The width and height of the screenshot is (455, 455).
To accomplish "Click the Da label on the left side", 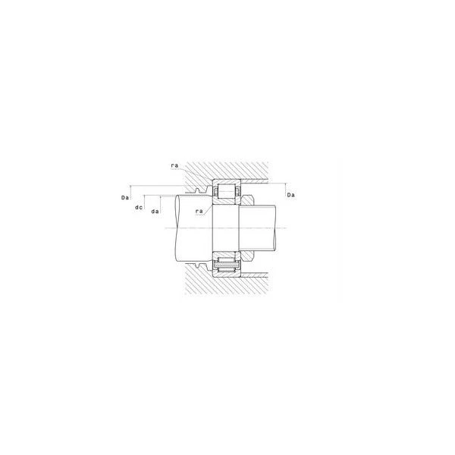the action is (125, 198).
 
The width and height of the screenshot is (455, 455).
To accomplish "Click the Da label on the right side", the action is (290, 195).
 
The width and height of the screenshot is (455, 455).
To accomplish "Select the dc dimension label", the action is (139, 208).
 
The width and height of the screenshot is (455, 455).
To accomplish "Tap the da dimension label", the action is (155, 212).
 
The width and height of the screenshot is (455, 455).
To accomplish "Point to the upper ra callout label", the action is (174, 165).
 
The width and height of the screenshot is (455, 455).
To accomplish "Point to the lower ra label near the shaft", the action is (199, 212).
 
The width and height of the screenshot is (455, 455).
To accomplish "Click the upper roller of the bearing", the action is (227, 191).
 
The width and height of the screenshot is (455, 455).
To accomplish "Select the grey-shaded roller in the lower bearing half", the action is (227, 265).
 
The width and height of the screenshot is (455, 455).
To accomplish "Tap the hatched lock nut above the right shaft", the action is (247, 199).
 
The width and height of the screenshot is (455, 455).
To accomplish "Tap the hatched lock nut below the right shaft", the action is (247, 256).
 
